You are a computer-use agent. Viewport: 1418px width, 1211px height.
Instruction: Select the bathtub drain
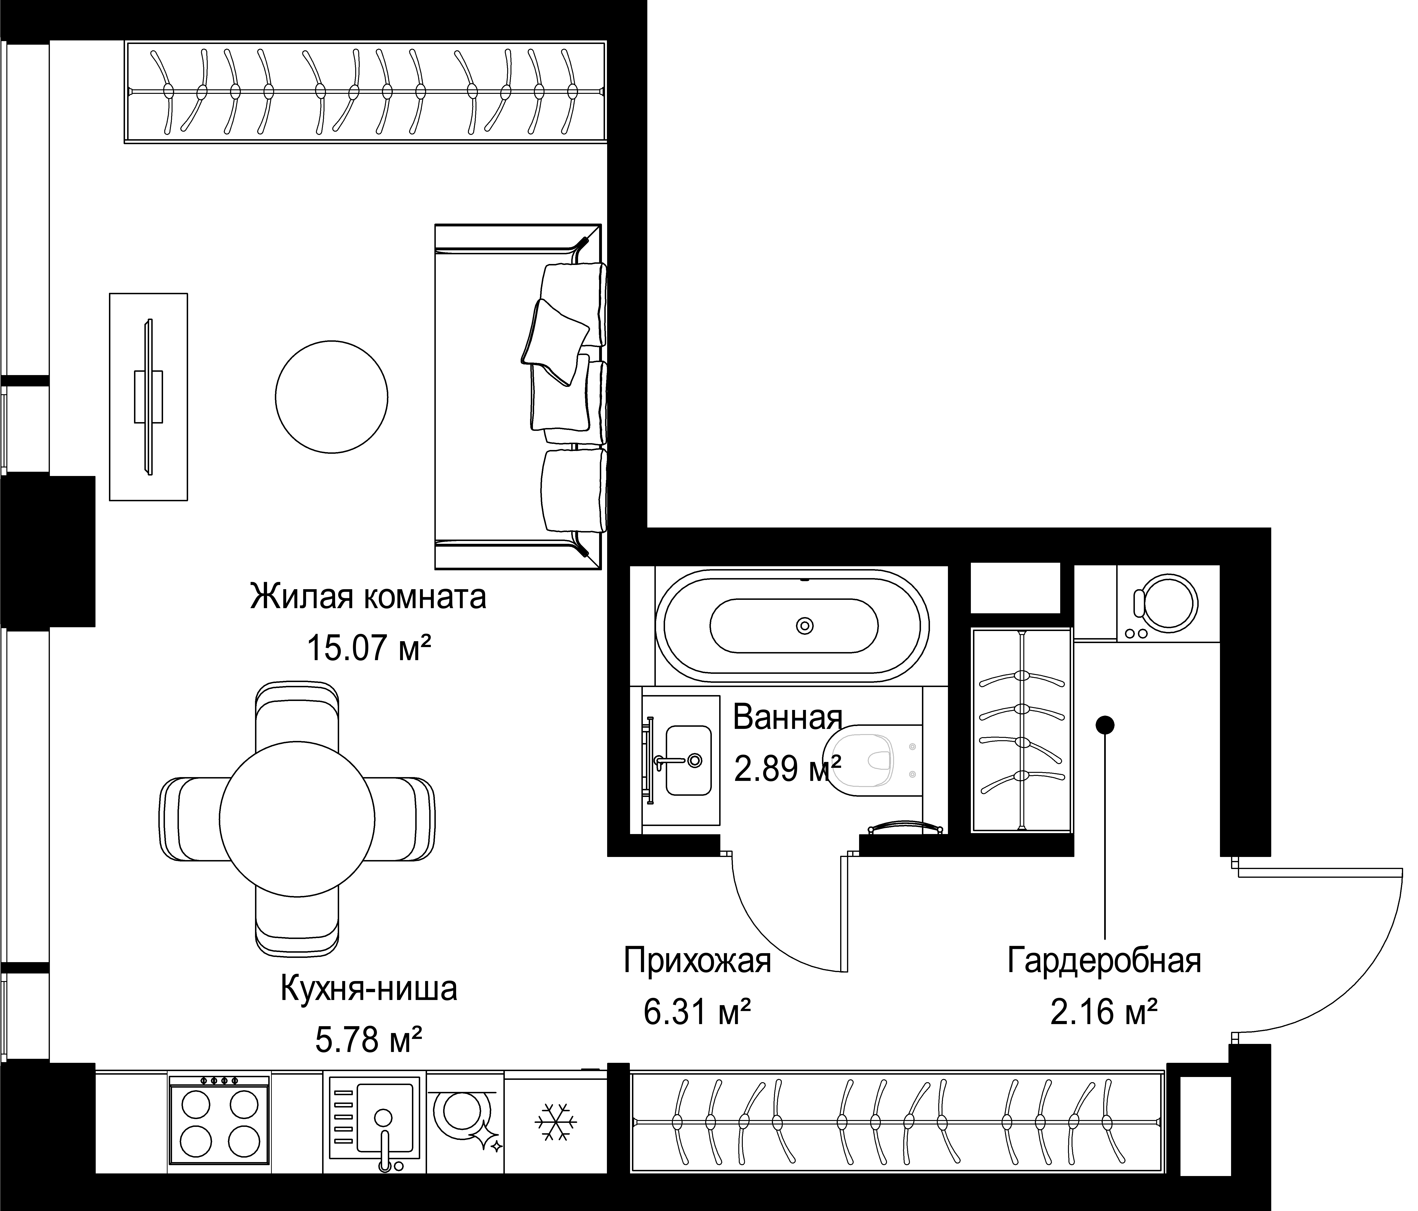click(x=805, y=625)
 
